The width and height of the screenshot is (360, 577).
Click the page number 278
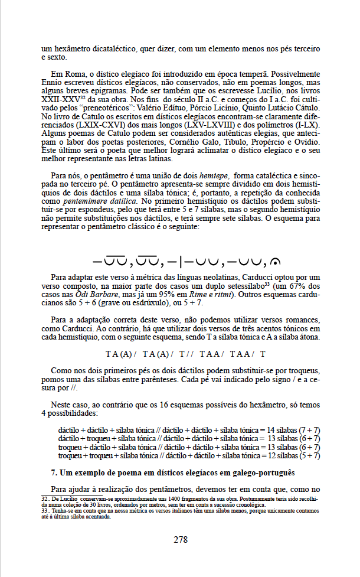pyautogui.click(x=180, y=539)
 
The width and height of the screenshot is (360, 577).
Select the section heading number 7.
pyautogui.click(x=54, y=472)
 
